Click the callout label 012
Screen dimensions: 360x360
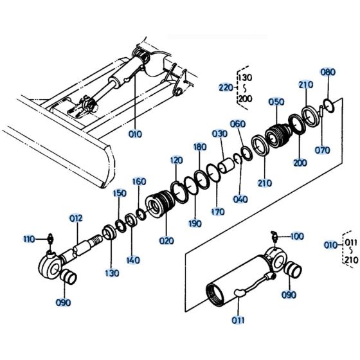(77, 219)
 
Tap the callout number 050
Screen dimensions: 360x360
(276, 103)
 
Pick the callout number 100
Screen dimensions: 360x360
(297, 237)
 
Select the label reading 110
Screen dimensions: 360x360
(28, 239)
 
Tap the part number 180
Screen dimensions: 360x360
(200, 147)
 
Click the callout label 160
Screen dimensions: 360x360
(139, 182)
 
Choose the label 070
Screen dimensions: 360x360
(323, 150)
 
